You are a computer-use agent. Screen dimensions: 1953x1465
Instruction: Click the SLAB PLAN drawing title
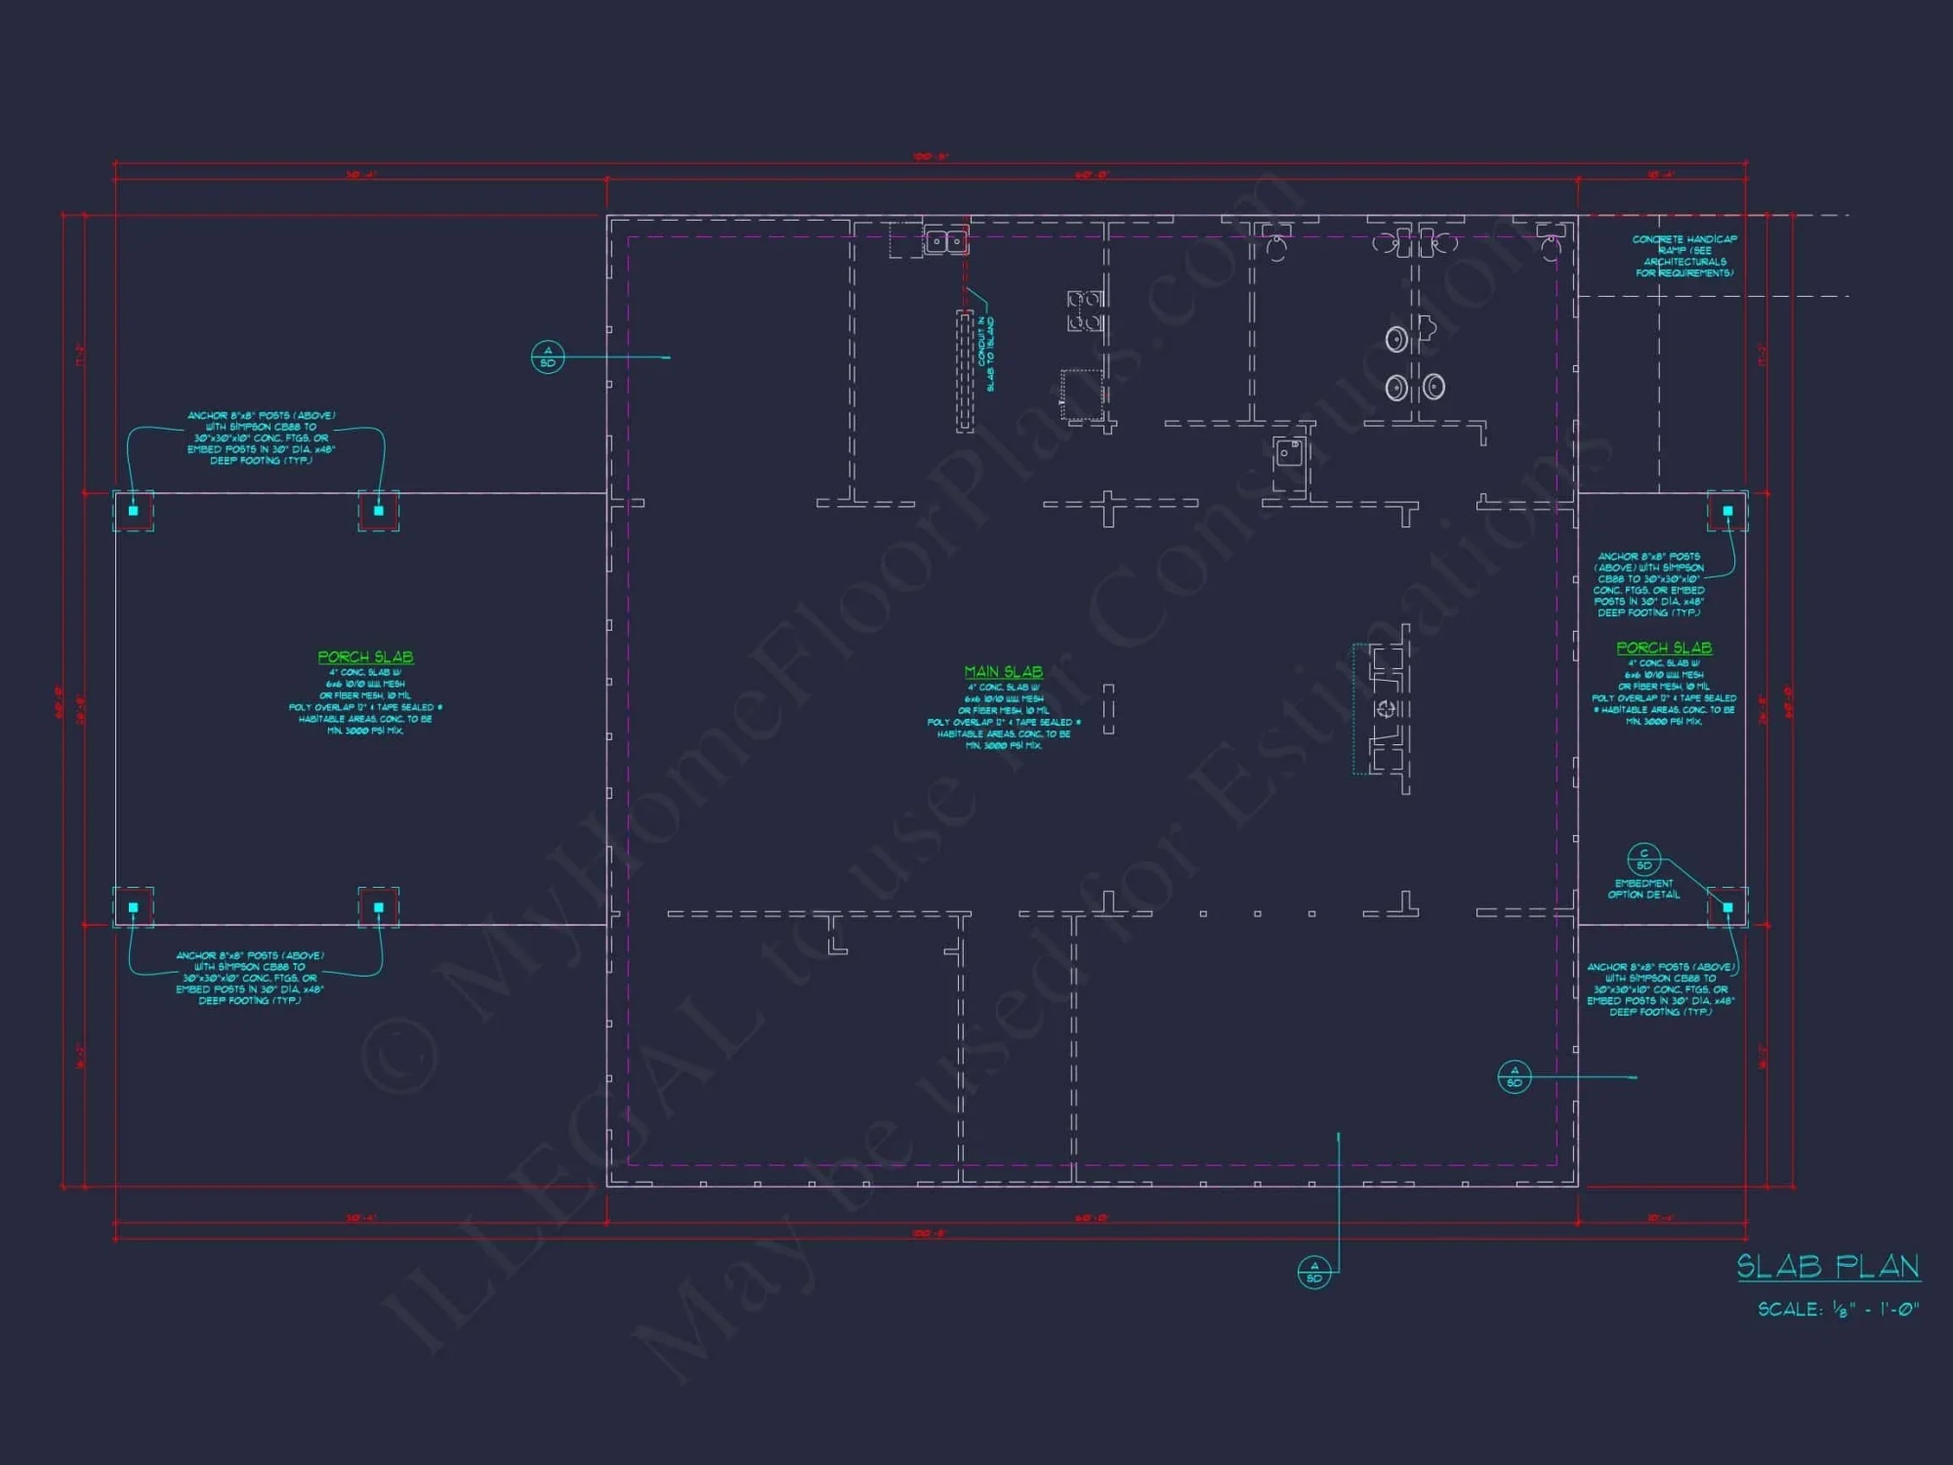1827,1267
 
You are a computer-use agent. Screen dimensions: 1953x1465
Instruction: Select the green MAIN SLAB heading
1003,672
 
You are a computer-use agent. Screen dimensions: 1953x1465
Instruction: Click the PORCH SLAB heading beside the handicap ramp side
1663,648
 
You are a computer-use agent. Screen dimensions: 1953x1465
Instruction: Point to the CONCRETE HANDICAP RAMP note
1684,256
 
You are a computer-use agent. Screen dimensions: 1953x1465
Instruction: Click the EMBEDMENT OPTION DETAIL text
1643,889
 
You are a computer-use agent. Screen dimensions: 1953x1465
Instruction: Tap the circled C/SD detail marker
1643,859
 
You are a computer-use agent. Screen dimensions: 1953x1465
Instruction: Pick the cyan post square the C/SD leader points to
1727,907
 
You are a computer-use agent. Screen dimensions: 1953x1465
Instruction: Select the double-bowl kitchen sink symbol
945,240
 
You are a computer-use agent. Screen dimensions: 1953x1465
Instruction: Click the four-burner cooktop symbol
1084,311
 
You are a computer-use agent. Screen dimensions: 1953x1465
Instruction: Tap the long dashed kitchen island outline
965,371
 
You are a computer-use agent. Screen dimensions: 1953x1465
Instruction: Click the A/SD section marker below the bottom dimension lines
1313,1272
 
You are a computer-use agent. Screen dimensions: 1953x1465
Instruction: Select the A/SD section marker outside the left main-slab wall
547,356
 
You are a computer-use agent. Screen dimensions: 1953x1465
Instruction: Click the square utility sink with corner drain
1289,452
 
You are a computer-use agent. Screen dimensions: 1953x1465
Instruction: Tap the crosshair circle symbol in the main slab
1385,708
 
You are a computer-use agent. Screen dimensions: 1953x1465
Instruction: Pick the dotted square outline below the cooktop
1082,395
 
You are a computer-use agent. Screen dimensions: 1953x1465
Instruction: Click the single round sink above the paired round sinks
1397,339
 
